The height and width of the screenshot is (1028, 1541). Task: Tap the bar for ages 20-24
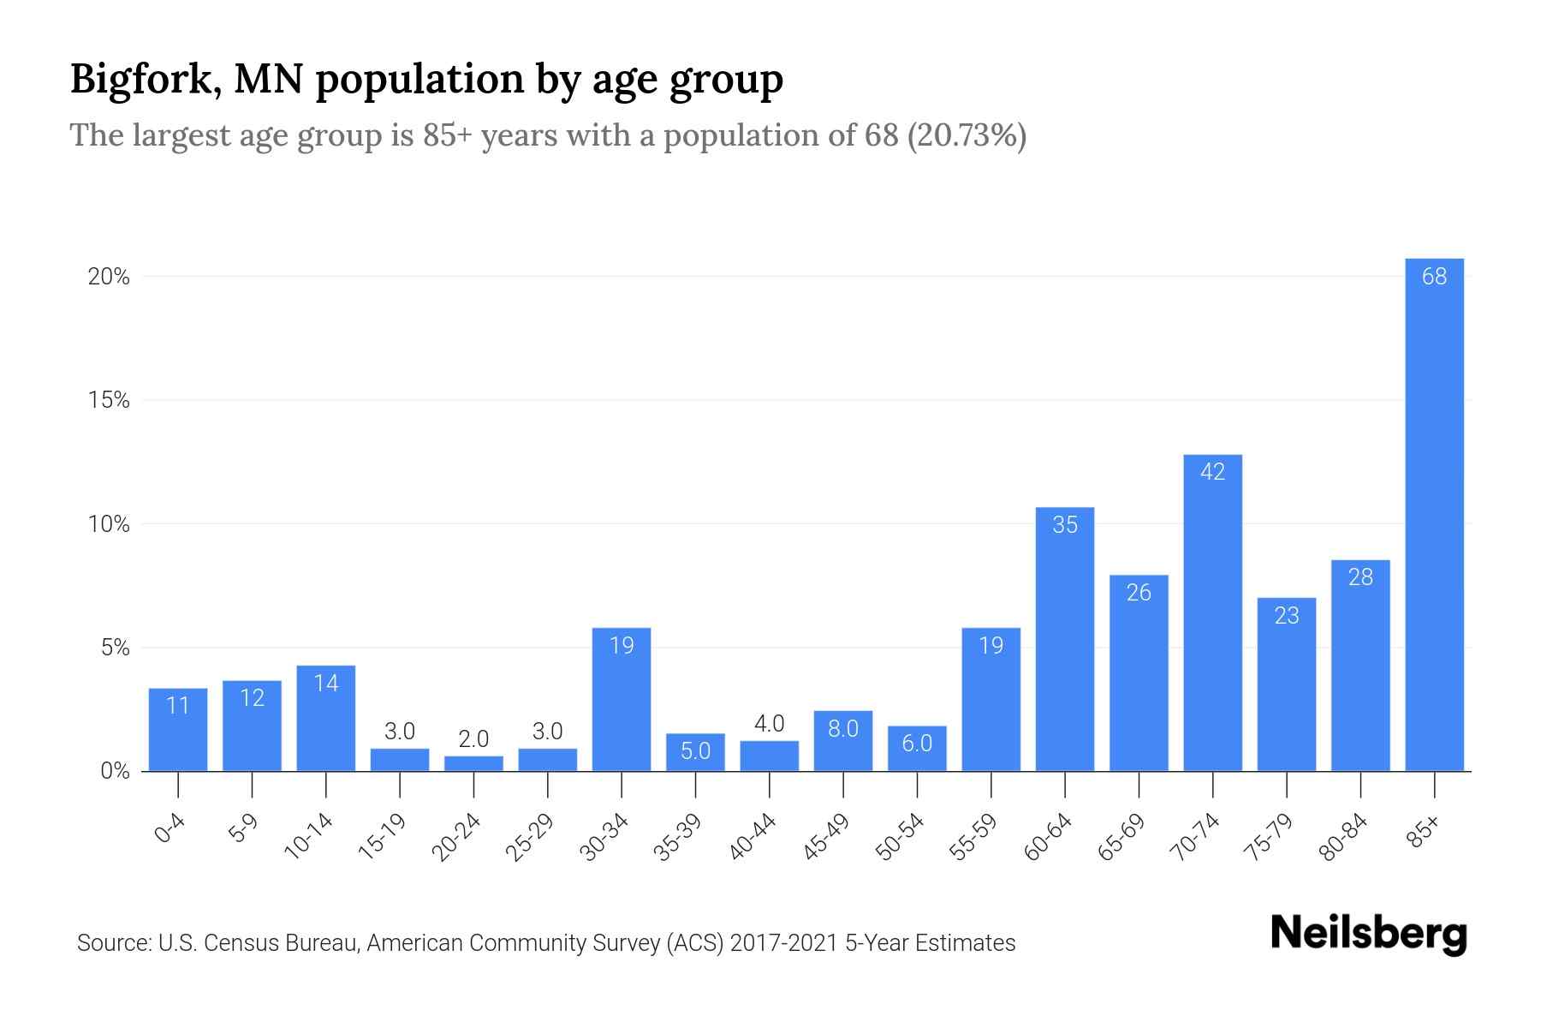(x=473, y=763)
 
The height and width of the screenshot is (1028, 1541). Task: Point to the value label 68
(x=1434, y=277)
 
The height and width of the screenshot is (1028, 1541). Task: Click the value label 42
(x=1212, y=472)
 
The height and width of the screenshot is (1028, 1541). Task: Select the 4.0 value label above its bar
(x=769, y=724)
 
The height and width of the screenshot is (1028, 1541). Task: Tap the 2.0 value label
(x=473, y=738)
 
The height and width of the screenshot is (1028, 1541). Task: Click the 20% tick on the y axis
(x=109, y=277)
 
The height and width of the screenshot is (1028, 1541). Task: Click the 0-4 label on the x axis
(x=170, y=828)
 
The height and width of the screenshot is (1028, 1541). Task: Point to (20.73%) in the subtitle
(x=967, y=135)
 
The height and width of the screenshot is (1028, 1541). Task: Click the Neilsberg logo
(x=1368, y=933)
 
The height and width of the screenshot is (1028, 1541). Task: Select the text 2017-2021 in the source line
(x=783, y=943)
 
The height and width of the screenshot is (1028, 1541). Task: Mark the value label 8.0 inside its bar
(x=842, y=729)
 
